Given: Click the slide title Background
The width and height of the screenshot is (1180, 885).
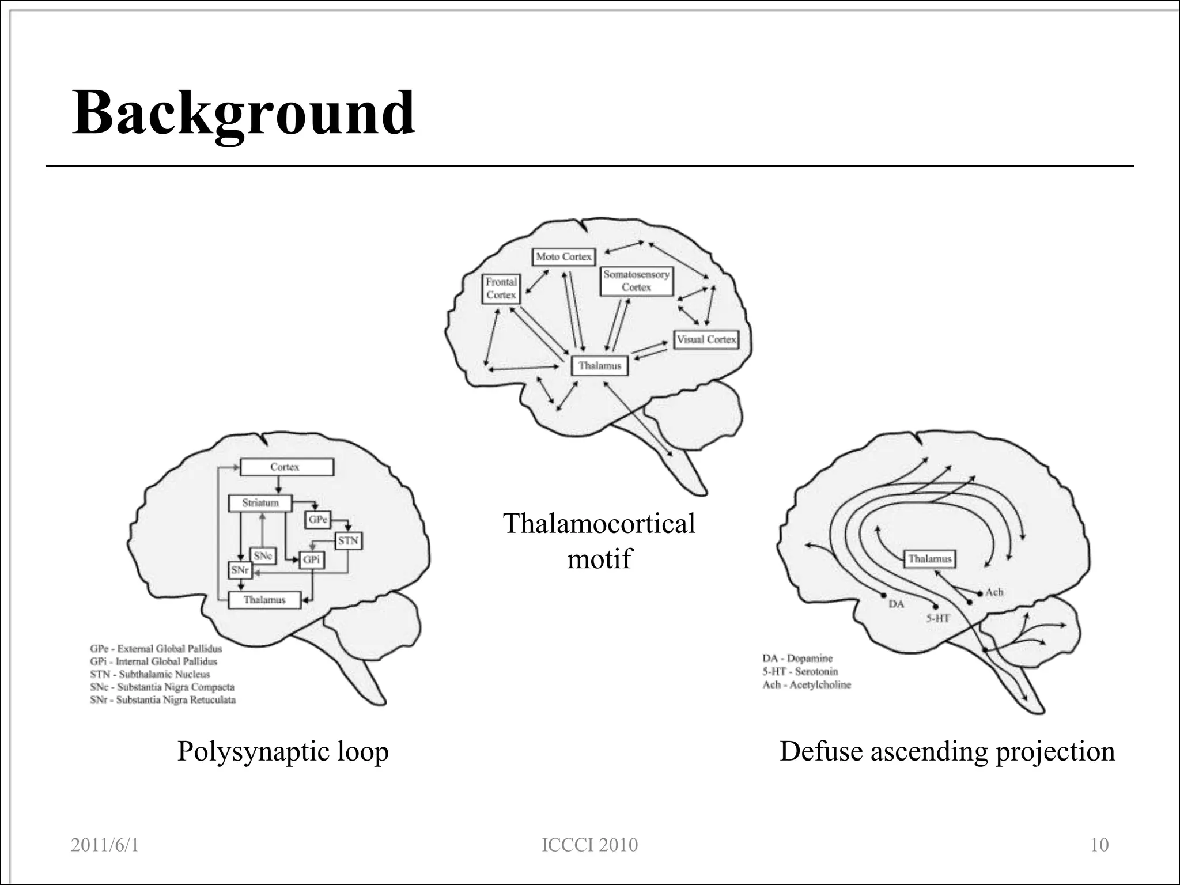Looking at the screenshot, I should pyautogui.click(x=243, y=114).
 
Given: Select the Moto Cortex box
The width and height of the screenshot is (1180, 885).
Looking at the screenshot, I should pyautogui.click(x=563, y=256).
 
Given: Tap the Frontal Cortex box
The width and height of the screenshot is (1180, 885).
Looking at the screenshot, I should pyautogui.click(x=501, y=289).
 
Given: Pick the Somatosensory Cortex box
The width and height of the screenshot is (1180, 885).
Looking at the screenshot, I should pyautogui.click(x=636, y=281).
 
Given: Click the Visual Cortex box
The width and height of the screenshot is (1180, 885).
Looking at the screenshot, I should pyautogui.click(x=706, y=339).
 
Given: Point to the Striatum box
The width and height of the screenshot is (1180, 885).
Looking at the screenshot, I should pyautogui.click(x=260, y=503).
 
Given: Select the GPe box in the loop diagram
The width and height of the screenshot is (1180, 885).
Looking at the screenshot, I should pyautogui.click(x=317, y=520).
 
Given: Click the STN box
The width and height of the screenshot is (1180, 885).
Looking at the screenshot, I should pyautogui.click(x=348, y=540).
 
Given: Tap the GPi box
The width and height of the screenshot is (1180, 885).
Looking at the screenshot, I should pyautogui.click(x=312, y=559).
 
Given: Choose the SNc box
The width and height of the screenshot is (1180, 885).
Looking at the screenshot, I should pyautogui.click(x=263, y=556).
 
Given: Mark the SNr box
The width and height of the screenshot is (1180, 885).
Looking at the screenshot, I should pyautogui.click(x=240, y=570).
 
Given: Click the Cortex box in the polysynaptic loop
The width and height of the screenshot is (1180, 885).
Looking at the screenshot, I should pyautogui.click(x=286, y=467).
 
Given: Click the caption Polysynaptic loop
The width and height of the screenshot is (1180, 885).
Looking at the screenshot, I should pyautogui.click(x=283, y=751).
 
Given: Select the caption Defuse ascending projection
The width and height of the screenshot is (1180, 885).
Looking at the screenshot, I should pyautogui.click(x=947, y=751).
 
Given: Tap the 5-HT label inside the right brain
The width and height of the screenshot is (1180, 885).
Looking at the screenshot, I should pyautogui.click(x=937, y=619).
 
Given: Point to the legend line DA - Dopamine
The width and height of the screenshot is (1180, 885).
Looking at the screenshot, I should pyautogui.click(x=797, y=658).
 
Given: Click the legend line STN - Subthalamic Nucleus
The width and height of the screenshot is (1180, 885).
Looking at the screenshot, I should pyautogui.click(x=150, y=674).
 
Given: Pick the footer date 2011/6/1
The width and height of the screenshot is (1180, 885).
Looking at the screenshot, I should pyautogui.click(x=104, y=845).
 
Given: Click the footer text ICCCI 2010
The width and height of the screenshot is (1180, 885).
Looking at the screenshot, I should pyautogui.click(x=589, y=845).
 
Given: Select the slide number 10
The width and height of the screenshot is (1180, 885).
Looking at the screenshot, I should pyautogui.click(x=1099, y=845).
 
